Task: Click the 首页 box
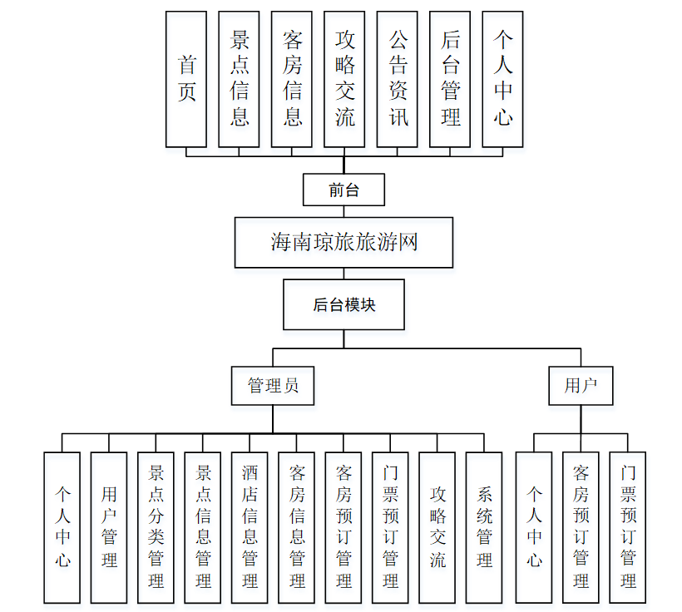tap(186, 79)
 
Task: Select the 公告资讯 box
tap(397, 79)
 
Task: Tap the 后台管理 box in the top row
tap(450, 79)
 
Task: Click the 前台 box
tap(343, 190)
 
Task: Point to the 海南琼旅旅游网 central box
tap(343, 242)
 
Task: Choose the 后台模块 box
tap(343, 304)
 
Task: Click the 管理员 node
tap(273, 386)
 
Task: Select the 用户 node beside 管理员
tap(581, 386)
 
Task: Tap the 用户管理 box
tap(109, 527)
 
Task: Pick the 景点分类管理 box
tap(156, 527)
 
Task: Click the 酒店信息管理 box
tap(250, 527)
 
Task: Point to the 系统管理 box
tap(484, 527)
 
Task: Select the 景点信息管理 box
tap(203, 527)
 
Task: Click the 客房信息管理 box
tap(297, 527)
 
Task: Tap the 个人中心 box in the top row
tap(502, 79)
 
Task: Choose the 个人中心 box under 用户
tap(534, 527)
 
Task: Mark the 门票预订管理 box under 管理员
tap(390, 527)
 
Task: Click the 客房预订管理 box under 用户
tap(581, 527)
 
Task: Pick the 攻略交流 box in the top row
tap(344, 79)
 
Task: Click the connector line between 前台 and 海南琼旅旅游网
tap(343, 211)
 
